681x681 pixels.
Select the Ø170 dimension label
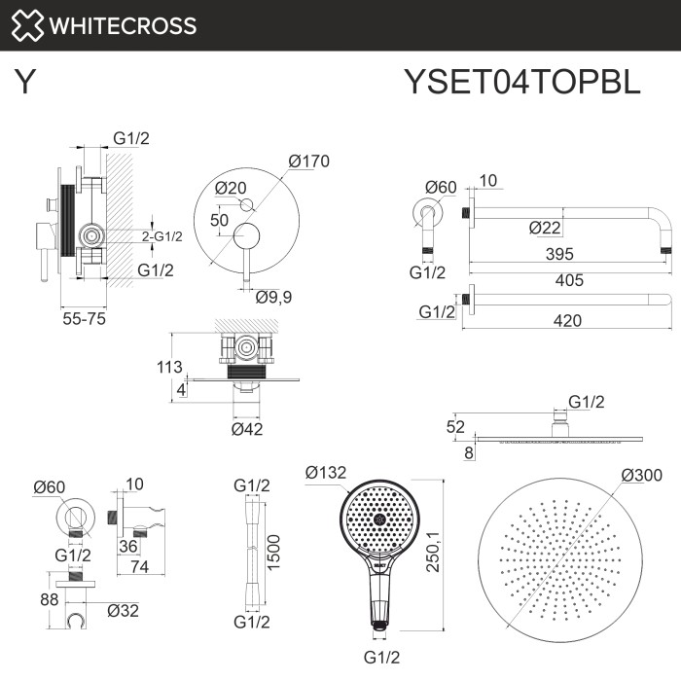click(x=308, y=161)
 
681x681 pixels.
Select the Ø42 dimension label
click(x=248, y=429)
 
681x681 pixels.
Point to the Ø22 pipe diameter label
click(x=546, y=228)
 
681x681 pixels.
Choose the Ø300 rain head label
click(x=641, y=475)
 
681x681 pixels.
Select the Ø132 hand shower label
click(x=322, y=472)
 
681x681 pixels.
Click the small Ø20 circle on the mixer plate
click(x=245, y=203)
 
